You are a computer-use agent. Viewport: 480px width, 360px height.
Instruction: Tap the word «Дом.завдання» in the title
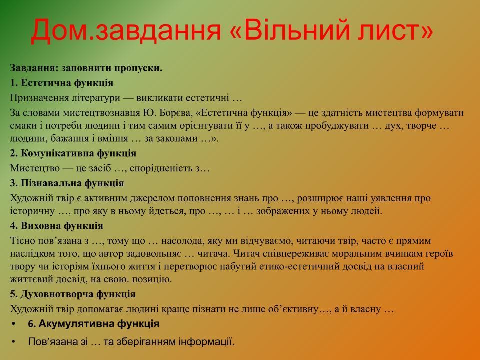pyautogui.click(x=126, y=30)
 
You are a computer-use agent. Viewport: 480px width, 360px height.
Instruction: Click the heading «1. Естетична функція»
pyautogui.click(x=62, y=83)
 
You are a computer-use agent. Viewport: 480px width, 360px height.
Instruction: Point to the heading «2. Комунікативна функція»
pyautogui.click(x=73, y=153)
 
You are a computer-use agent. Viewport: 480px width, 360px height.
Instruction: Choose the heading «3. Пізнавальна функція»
pyautogui.click(x=67, y=183)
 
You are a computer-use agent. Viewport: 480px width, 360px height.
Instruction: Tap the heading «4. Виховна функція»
pyautogui.click(x=56, y=226)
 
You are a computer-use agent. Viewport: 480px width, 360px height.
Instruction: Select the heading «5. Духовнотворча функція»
pyautogui.click(x=73, y=294)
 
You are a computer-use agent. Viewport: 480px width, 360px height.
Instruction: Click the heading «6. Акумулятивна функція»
pyautogui.click(x=93, y=324)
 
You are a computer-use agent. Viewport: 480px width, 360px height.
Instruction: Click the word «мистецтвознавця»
pyautogui.click(x=101, y=113)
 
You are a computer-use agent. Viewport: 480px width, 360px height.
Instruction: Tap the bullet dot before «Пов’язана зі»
pyautogui.click(x=13, y=341)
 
